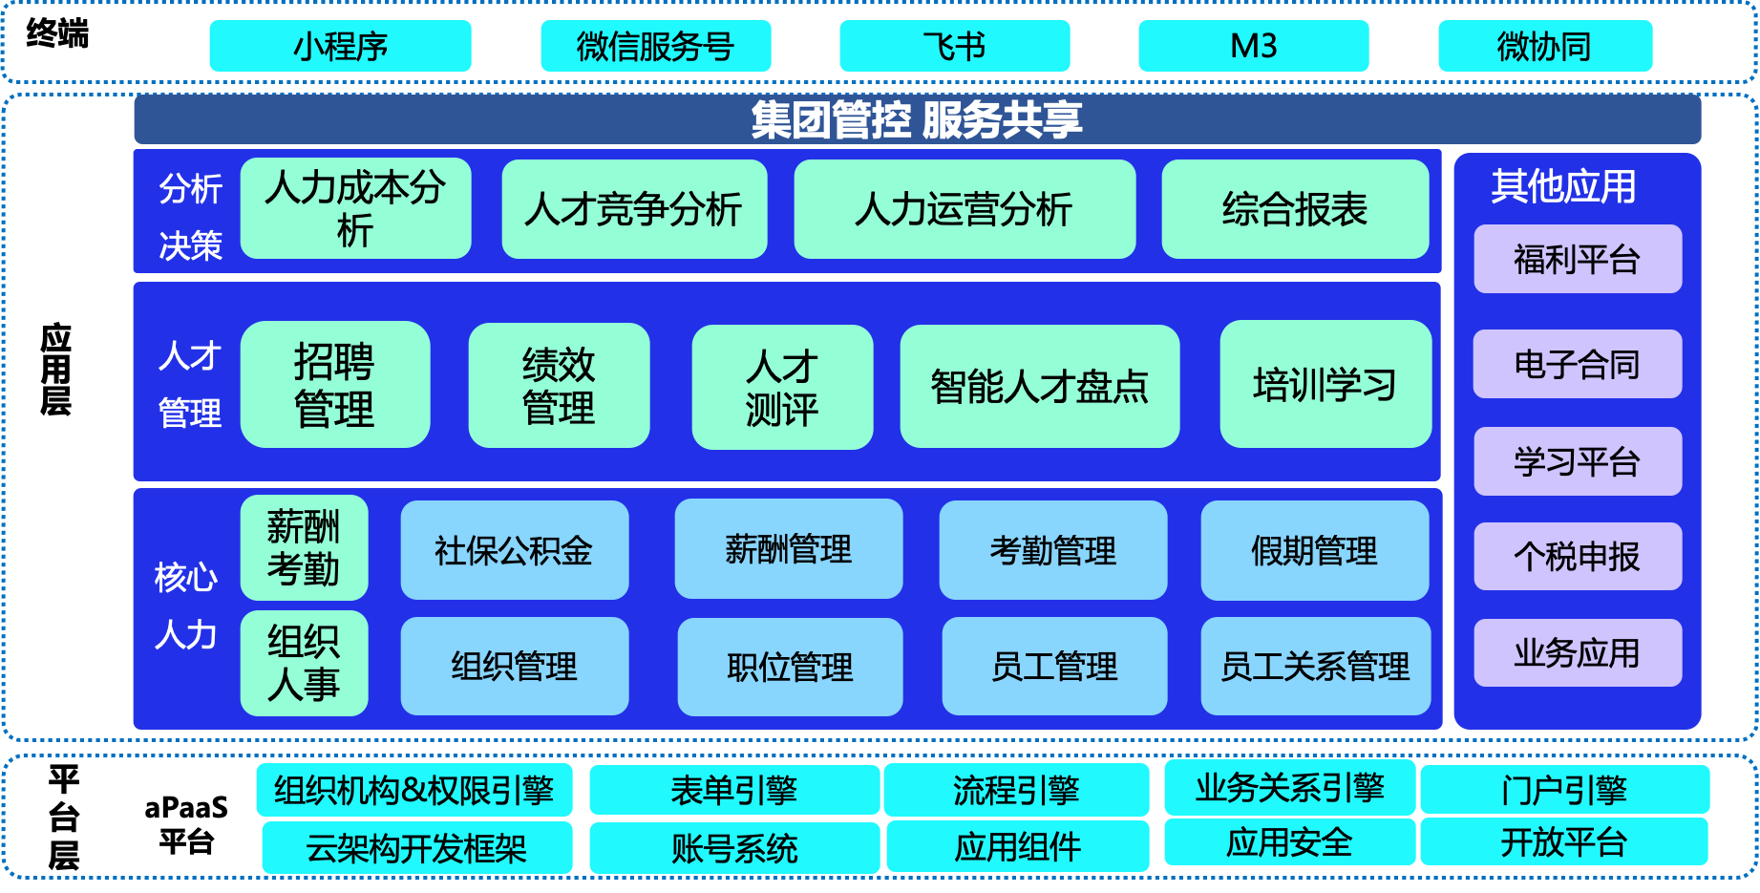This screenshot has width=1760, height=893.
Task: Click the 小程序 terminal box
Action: coord(340,46)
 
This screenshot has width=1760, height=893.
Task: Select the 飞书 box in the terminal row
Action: coord(954,46)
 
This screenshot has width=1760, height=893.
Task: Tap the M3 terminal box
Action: coord(1253,46)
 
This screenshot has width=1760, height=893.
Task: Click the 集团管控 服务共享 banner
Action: coord(917,119)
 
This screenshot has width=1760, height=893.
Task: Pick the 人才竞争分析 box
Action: coord(634,209)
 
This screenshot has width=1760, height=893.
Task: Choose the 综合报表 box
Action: coord(1295,209)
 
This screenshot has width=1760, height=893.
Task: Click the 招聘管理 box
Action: coord(335,385)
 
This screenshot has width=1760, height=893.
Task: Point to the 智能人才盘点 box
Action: coord(1039,387)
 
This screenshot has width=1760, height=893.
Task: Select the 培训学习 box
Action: coord(1325,385)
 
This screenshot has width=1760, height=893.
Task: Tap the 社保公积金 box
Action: coord(515,550)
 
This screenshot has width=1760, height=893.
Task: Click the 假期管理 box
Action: coord(1315,550)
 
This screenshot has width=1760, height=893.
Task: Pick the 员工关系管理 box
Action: coord(1315,666)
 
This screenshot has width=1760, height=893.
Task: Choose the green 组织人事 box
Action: coord(304,663)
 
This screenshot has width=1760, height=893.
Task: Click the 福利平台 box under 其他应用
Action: coord(1578,259)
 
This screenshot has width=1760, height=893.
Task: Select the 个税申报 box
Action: coord(1578,556)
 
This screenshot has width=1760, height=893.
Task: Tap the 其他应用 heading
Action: coord(1563,186)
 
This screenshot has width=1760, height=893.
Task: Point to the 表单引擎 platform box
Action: coord(734,790)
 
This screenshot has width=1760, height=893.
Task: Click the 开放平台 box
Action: coord(1564,841)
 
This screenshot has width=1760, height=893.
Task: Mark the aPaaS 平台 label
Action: coord(186,824)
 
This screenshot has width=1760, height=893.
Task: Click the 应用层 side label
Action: coord(56,369)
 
